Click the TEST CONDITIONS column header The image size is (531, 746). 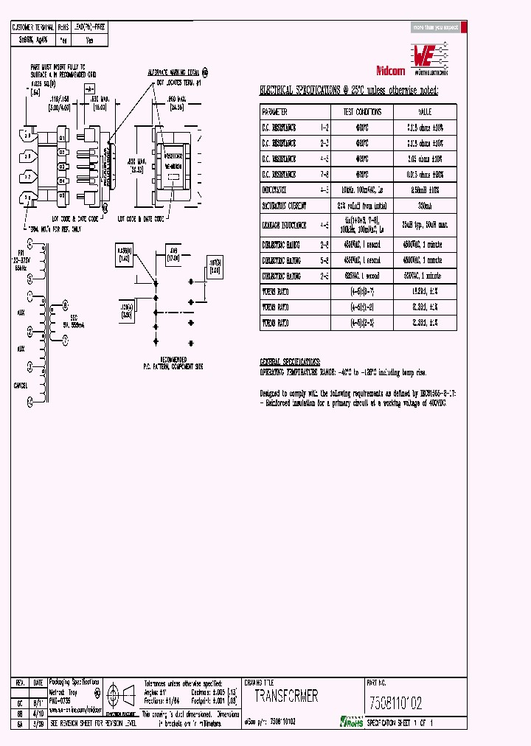point(362,111)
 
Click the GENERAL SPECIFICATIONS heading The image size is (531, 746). point(290,363)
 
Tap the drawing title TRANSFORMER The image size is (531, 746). point(287,696)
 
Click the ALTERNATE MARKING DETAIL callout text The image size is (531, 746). point(174,74)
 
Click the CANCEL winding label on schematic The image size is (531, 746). point(20,386)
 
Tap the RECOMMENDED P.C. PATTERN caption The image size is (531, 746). point(173,363)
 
